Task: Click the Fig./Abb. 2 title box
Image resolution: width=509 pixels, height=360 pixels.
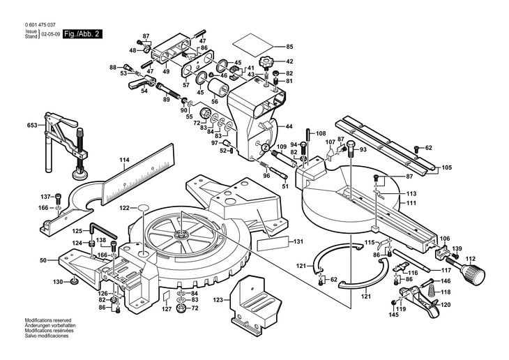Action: click(x=82, y=34)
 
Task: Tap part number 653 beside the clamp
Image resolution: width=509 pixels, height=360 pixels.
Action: click(x=32, y=125)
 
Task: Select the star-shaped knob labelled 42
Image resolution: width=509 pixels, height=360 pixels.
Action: click(x=266, y=62)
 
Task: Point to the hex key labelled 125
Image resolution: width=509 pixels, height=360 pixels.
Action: click(x=102, y=231)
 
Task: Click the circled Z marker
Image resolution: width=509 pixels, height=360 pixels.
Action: click(x=266, y=147)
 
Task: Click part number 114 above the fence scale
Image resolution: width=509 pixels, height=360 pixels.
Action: click(x=124, y=160)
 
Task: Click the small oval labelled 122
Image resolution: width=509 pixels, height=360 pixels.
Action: click(x=143, y=207)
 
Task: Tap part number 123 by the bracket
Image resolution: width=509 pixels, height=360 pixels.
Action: click(x=218, y=299)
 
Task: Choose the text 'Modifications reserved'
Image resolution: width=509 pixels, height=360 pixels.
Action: click(x=48, y=320)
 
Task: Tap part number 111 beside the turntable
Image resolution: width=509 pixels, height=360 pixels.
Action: click(x=411, y=203)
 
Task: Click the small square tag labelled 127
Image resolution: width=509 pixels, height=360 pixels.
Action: click(x=166, y=296)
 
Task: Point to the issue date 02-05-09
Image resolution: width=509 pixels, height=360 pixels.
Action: click(x=51, y=33)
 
